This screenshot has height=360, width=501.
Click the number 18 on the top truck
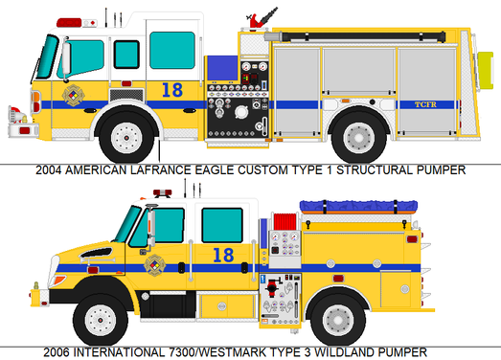(x=172, y=90)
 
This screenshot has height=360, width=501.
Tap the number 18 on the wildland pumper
(x=223, y=256)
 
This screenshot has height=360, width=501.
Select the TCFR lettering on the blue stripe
(x=425, y=104)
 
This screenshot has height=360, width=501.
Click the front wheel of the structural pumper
(x=126, y=138)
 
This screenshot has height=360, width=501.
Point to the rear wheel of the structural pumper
(x=359, y=138)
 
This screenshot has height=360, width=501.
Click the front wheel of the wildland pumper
(x=101, y=320)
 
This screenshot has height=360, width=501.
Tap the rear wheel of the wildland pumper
(x=338, y=320)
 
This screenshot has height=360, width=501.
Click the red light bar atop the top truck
(x=69, y=23)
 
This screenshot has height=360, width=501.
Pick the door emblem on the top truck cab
(x=74, y=95)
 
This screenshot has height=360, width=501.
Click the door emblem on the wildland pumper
(x=155, y=265)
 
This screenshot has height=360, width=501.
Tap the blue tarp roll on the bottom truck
(x=358, y=206)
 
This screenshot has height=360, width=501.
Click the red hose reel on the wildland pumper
(x=285, y=221)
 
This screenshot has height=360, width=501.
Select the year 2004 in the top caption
(x=48, y=170)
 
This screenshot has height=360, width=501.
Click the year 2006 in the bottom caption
(x=57, y=352)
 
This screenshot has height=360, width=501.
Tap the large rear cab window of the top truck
(x=172, y=50)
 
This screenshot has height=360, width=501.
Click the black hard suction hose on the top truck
(x=363, y=36)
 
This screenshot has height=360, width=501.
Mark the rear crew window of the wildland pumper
(x=222, y=225)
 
